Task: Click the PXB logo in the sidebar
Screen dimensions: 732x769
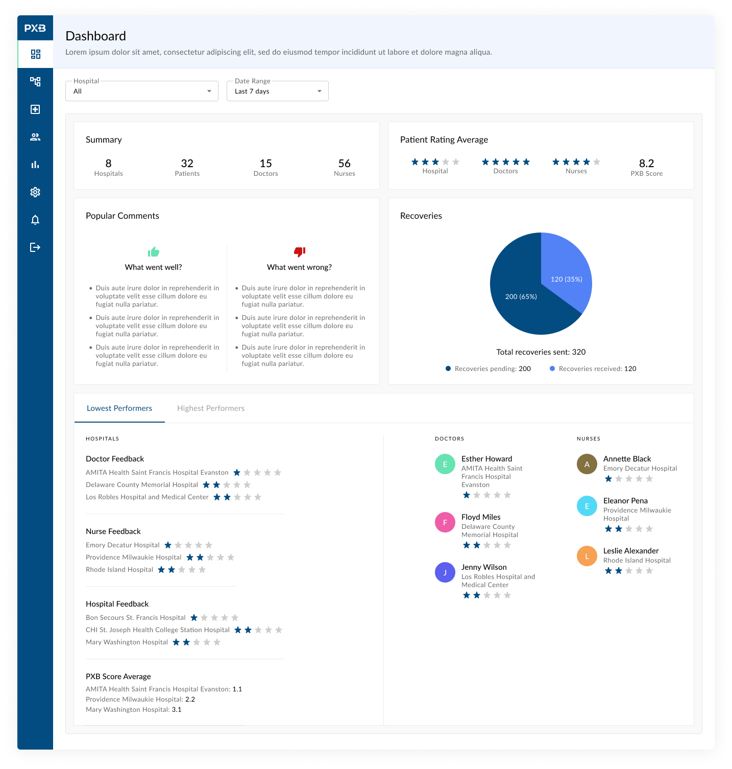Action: tap(35, 28)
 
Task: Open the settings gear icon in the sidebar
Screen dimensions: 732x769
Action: tap(35, 192)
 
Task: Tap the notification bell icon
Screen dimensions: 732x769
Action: tap(35, 220)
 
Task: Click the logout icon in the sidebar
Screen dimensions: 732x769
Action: tap(35, 247)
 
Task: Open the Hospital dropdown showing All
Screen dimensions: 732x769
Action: tap(142, 91)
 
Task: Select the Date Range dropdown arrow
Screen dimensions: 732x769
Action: tap(320, 91)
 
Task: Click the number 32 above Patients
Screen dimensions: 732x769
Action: tap(187, 164)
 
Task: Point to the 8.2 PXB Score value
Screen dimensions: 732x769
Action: tap(647, 164)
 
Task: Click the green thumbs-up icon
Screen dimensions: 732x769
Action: tap(154, 251)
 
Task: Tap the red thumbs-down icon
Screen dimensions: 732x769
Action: tap(300, 251)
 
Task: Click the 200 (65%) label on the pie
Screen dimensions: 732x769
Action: tap(521, 296)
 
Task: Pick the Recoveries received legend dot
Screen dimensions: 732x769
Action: tap(552, 368)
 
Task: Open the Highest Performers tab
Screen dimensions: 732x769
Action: tap(211, 408)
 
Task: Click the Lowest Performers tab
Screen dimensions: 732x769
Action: tap(119, 408)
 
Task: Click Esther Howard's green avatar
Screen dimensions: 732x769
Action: tap(445, 464)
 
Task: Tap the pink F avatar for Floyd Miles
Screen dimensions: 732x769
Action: tap(445, 522)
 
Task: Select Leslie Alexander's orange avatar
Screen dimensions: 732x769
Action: tap(587, 556)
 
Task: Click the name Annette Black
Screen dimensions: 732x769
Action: tap(627, 459)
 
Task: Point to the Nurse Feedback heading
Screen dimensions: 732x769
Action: tap(113, 531)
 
